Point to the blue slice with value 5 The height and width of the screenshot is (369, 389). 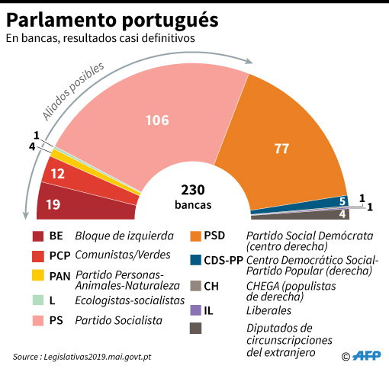click(320, 202)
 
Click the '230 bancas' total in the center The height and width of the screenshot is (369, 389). click(193, 197)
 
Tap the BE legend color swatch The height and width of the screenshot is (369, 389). click(37, 236)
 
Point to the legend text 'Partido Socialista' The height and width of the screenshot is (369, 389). click(118, 321)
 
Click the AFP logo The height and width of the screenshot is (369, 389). click(365, 355)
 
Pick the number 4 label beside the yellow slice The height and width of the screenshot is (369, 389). click(31, 146)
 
